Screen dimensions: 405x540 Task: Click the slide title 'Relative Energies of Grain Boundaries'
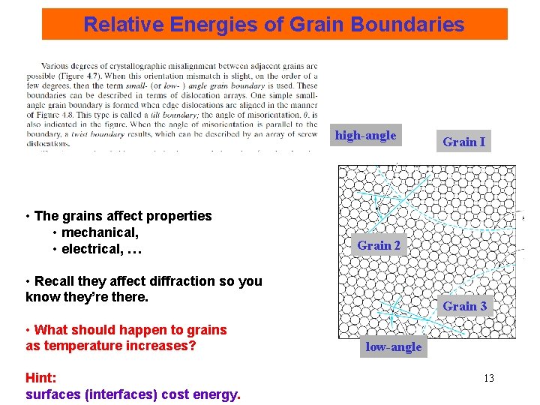coord(274,24)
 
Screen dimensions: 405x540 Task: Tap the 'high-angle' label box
coord(365,136)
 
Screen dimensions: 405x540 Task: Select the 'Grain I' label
coord(463,142)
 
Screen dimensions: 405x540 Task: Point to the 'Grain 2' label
coord(379,245)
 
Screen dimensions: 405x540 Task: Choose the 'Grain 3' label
coord(464,306)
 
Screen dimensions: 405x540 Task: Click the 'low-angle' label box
coord(393,346)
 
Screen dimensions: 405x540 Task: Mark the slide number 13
coord(488,378)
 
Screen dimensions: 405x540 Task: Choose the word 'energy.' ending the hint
coord(216,394)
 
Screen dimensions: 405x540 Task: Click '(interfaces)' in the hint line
coord(123,394)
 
